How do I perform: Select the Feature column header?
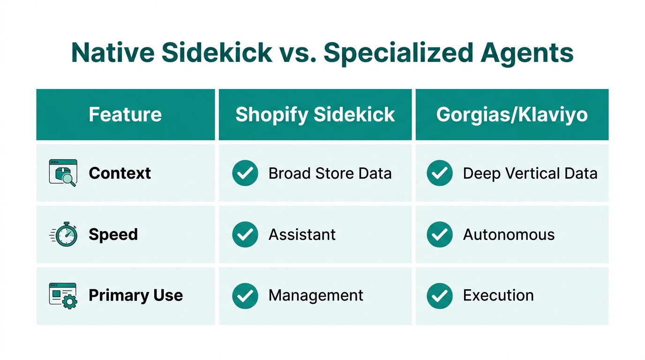click(125, 115)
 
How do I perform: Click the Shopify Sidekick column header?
click(315, 115)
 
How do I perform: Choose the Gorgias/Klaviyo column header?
click(512, 115)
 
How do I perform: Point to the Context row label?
click(120, 173)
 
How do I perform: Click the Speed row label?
click(113, 234)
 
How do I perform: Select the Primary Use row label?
click(135, 295)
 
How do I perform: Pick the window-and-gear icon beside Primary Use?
click(63, 295)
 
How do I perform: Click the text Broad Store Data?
click(330, 173)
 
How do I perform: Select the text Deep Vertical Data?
click(530, 173)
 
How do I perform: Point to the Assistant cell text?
click(302, 234)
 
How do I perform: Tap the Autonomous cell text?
click(509, 234)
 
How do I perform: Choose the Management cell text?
click(315, 295)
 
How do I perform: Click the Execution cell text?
click(498, 295)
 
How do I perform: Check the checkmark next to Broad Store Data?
click(245, 173)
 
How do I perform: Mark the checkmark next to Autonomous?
click(440, 234)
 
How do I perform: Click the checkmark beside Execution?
click(440, 295)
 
